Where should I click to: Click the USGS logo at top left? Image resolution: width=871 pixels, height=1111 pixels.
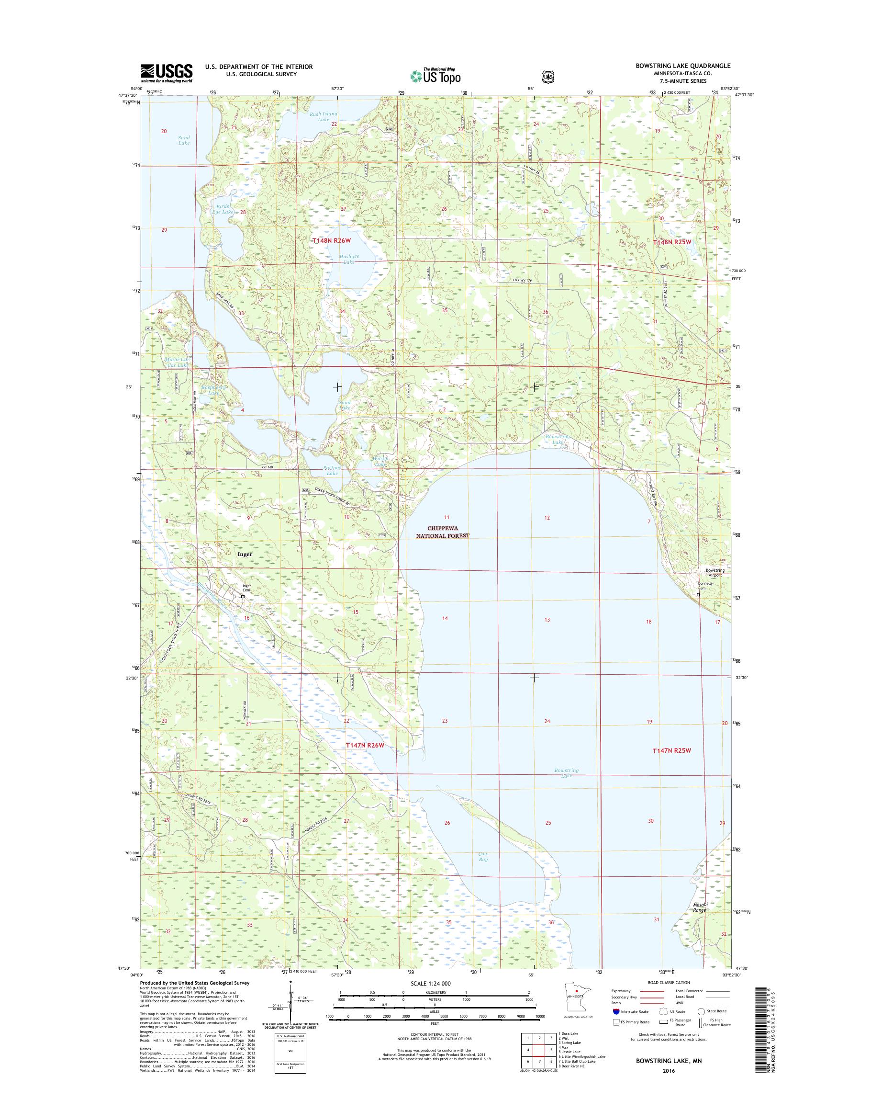pos(166,73)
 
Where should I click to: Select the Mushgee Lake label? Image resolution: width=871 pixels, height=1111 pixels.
pos(349,259)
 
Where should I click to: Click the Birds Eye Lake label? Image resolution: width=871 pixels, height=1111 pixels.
pos(223,209)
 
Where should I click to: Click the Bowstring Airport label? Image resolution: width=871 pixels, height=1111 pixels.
pos(715,573)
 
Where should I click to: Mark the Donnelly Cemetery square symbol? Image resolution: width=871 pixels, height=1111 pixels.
pos(699,595)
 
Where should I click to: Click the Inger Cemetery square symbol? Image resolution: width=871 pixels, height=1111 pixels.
pos(243,596)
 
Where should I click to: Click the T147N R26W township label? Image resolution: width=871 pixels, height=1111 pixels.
pos(365,746)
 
